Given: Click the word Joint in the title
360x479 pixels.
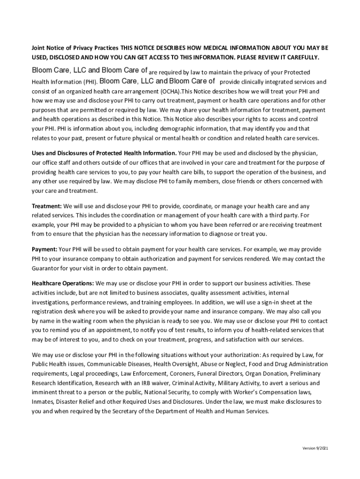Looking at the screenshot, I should (39, 48).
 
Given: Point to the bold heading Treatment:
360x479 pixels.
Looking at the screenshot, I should (47, 206).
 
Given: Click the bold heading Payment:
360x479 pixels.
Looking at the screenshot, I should (44, 249).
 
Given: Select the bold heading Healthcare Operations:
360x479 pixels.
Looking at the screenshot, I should (63, 283).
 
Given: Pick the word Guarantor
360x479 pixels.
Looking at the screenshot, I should (47, 269).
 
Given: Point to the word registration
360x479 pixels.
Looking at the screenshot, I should (48, 312).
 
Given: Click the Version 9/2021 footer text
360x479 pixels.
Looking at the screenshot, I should (315, 449).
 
